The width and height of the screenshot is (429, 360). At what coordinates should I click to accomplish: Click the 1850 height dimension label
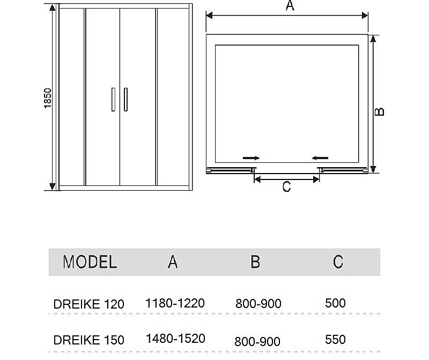47,99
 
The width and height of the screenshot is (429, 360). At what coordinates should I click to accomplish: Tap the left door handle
113,99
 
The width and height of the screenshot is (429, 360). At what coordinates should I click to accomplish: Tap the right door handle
125,99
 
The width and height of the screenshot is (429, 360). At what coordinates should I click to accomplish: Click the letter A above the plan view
290,6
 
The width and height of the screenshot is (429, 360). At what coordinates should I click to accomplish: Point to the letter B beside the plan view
379,111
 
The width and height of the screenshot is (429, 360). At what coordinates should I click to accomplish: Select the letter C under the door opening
286,187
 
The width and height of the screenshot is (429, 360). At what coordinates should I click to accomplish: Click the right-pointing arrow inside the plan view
251,158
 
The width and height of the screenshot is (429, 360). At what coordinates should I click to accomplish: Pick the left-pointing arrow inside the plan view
320,157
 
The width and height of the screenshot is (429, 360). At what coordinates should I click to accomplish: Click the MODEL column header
90,262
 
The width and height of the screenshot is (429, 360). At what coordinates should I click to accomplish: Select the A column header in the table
173,261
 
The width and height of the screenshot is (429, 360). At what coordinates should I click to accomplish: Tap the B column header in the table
255,261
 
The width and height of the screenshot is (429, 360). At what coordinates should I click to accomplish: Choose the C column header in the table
337,261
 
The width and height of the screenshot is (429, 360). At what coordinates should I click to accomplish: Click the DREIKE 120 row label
88,304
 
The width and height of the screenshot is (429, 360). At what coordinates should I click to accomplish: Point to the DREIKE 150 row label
88,340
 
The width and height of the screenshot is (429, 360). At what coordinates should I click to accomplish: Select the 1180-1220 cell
175,303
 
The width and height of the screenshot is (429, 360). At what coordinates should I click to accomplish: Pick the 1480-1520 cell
175,339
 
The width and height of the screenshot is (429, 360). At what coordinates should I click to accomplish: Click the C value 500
335,303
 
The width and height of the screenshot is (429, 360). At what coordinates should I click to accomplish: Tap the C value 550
335,339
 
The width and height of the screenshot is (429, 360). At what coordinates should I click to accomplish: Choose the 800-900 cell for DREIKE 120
258,304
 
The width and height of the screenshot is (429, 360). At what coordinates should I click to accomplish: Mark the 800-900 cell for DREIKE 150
258,341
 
